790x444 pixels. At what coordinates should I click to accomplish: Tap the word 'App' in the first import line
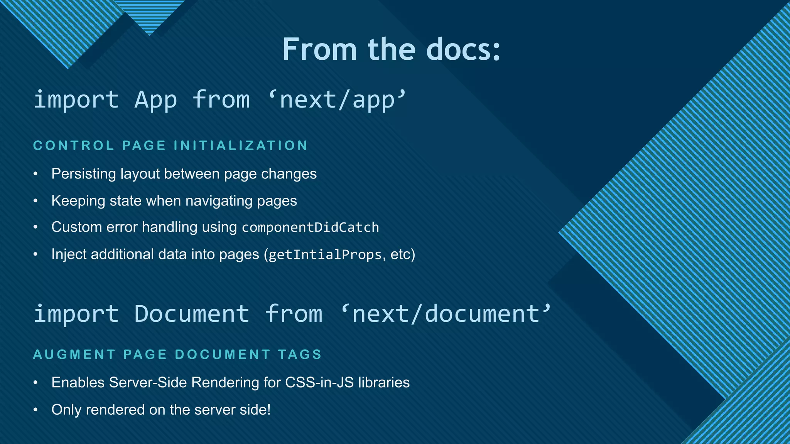155,99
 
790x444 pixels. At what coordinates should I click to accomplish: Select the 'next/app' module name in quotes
338,99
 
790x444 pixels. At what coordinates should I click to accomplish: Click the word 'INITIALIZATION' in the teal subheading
241,146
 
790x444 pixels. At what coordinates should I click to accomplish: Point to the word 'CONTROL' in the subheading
74,146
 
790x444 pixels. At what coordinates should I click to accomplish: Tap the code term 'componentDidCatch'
310,227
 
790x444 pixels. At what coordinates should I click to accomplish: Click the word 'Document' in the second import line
192,313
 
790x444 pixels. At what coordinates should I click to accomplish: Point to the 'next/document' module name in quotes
447,313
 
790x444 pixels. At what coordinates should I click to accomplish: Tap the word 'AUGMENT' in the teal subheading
74,355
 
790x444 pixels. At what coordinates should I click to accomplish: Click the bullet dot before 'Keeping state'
35,201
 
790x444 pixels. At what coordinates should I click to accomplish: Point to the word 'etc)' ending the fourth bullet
403,255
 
